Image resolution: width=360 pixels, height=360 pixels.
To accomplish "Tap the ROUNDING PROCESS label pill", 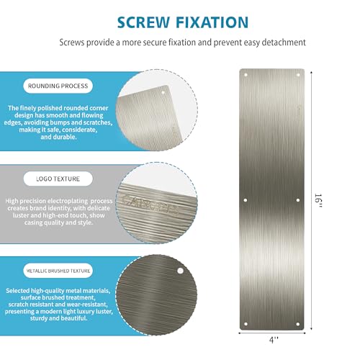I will click(x=58, y=86).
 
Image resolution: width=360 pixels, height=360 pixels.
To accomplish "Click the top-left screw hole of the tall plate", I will click(x=246, y=74).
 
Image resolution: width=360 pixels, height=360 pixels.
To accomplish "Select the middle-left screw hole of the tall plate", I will click(x=246, y=199).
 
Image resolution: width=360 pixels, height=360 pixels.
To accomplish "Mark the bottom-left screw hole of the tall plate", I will click(x=246, y=323).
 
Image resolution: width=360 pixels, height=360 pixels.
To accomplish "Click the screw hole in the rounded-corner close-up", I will click(x=163, y=92).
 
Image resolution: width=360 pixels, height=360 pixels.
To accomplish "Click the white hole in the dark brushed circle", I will click(x=179, y=271).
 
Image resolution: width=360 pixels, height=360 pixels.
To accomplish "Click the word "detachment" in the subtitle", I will click(x=283, y=42).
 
